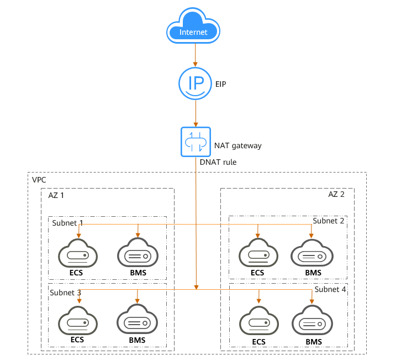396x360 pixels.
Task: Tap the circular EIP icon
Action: (x=195, y=83)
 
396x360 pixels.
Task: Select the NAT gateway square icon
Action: (x=195, y=142)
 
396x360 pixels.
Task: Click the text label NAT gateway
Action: (x=237, y=146)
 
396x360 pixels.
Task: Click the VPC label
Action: (x=39, y=180)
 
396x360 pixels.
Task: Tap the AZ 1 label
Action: (x=55, y=196)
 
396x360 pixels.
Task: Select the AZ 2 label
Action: (x=337, y=196)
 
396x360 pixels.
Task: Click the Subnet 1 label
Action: (x=67, y=223)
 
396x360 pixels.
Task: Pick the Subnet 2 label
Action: (x=329, y=221)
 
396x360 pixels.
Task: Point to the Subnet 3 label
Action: (x=66, y=292)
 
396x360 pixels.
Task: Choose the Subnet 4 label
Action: (x=330, y=289)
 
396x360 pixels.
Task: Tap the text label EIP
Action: (x=221, y=85)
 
